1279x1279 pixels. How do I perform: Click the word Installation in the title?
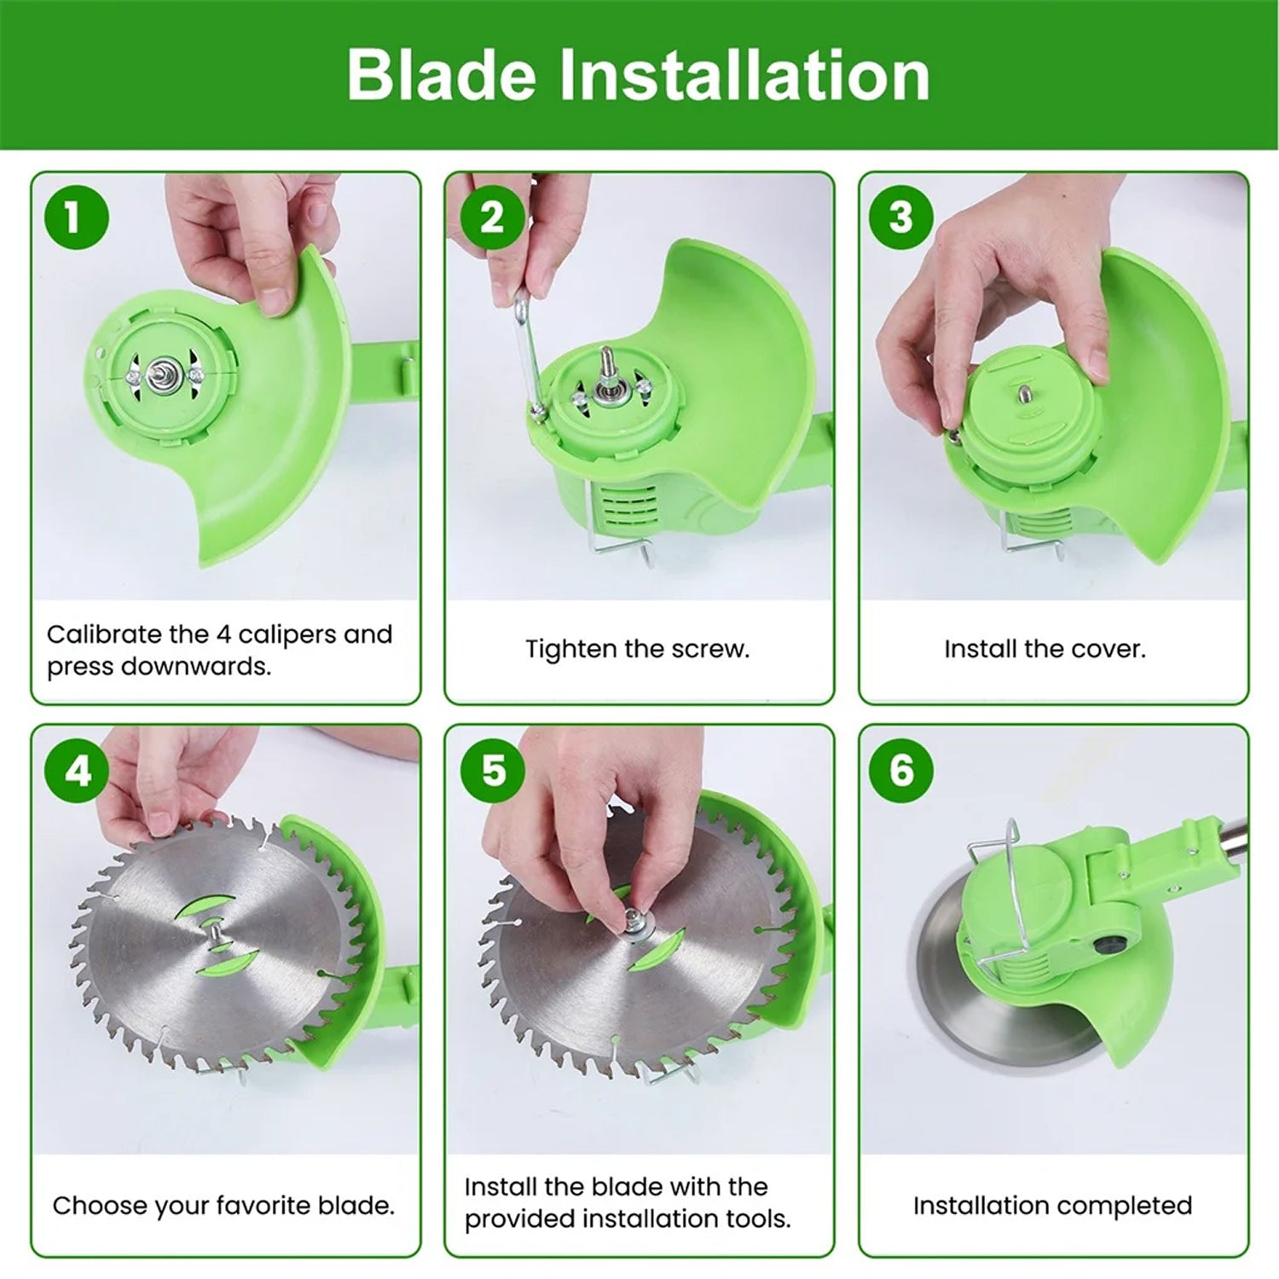tap(744, 75)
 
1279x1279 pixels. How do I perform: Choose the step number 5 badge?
tap(492, 771)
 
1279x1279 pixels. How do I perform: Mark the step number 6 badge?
tap(901, 771)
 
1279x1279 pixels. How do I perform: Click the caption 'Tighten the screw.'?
tap(638, 650)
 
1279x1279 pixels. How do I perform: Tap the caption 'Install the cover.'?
tap(1045, 650)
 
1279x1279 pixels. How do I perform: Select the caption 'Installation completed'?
tap(1052, 1206)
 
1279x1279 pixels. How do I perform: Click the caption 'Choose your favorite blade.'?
tap(223, 1206)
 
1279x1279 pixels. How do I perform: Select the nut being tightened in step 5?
tap(634, 920)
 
